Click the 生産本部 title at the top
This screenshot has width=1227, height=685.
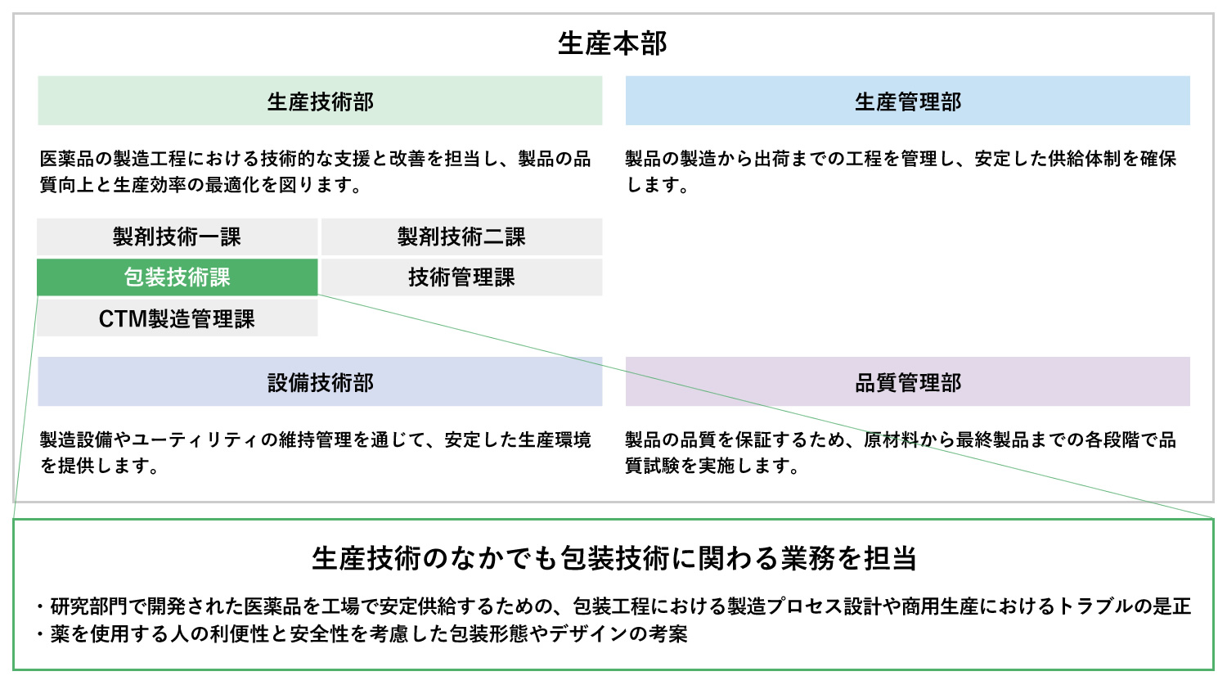pyautogui.click(x=613, y=43)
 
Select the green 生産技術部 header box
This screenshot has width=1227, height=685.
pyautogui.click(x=320, y=101)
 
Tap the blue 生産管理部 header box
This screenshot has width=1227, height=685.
pyautogui.click(x=908, y=101)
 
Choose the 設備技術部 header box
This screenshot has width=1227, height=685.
pyautogui.click(x=320, y=381)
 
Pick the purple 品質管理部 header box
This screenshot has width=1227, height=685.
pyautogui.click(x=908, y=381)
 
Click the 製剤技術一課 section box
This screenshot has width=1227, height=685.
pyautogui.click(x=177, y=237)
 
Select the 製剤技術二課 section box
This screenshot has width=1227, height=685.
pyautogui.click(x=462, y=237)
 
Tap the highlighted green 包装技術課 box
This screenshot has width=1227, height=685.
pyautogui.click(x=177, y=277)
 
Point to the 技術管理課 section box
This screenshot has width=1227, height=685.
pyautogui.click(x=462, y=277)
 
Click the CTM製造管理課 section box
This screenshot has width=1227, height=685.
pyautogui.click(x=177, y=318)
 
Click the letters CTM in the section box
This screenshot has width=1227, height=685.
pyautogui.click(x=123, y=319)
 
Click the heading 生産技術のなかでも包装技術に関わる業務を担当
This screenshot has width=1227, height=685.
pyautogui.click(x=614, y=558)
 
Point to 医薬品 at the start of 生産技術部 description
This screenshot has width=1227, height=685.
pyautogui.click(x=67, y=159)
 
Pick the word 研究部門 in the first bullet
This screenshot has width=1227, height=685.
pyautogui.click(x=89, y=606)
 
